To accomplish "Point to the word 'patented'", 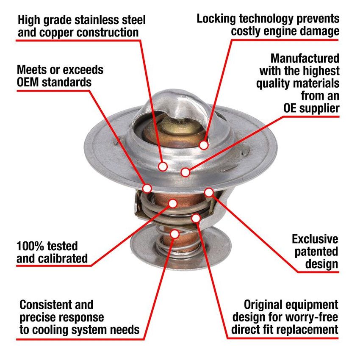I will pyautogui.click(x=317, y=252).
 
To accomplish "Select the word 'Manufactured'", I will pyautogui.click(x=305, y=58).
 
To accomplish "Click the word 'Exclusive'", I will pyautogui.click(x=315, y=239).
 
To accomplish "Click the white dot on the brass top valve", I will pyautogui.click(x=204, y=145).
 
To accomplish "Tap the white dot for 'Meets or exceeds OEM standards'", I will pyautogui.click(x=147, y=188).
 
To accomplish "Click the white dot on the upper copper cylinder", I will pyautogui.click(x=173, y=203).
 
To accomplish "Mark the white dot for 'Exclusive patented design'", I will pyautogui.click(x=209, y=192).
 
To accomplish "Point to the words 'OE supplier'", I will pyautogui.click(x=311, y=108).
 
